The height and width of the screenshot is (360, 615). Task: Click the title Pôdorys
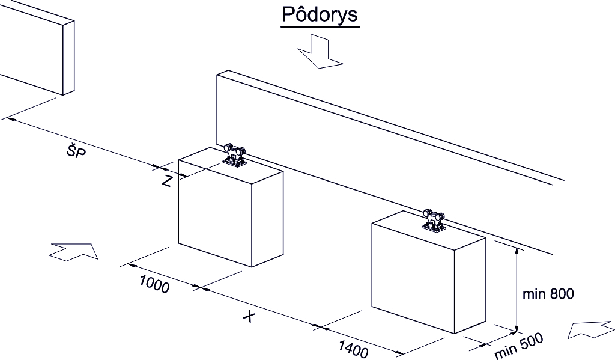tap(320, 14)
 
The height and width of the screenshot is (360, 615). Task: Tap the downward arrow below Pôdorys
tap(320, 51)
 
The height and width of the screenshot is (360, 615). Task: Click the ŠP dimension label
tap(76, 151)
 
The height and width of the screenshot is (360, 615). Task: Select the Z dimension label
tap(167, 182)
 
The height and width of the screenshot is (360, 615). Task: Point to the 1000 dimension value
tap(154, 284)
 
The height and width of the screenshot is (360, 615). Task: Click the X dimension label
tap(248, 316)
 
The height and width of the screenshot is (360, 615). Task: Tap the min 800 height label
tap(548, 294)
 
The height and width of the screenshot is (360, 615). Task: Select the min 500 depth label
tap(519, 346)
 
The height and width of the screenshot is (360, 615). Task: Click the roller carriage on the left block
tap(234, 156)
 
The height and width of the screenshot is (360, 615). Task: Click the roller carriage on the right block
tap(434, 221)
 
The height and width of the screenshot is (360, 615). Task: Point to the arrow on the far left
tap(73, 251)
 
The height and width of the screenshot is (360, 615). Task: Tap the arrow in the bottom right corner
tap(591, 330)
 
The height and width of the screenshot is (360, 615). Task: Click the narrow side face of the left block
tap(267, 218)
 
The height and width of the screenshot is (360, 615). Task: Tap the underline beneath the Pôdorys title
tap(320, 26)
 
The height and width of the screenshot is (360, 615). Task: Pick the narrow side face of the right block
tap(470, 285)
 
